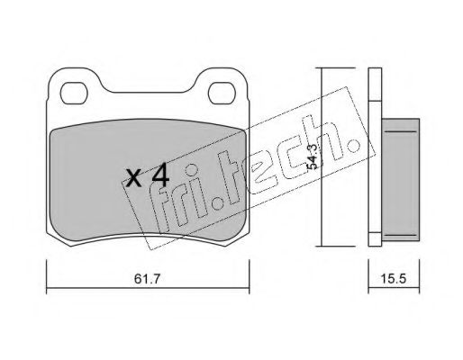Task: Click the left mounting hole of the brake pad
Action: click(x=74, y=94)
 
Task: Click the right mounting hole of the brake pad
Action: click(x=222, y=94)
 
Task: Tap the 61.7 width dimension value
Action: click(x=148, y=279)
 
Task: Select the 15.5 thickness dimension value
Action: click(x=394, y=279)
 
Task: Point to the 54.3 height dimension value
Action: click(x=313, y=157)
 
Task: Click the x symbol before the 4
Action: click(x=133, y=178)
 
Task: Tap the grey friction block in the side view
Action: click(x=400, y=179)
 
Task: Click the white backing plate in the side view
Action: click(x=375, y=157)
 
